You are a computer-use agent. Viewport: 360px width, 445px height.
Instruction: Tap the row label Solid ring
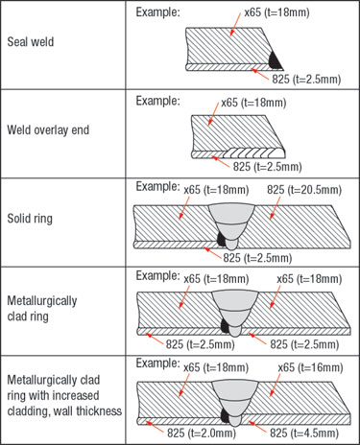coord(32,220)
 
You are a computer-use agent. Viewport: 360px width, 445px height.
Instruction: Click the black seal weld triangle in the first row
coord(275,59)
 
